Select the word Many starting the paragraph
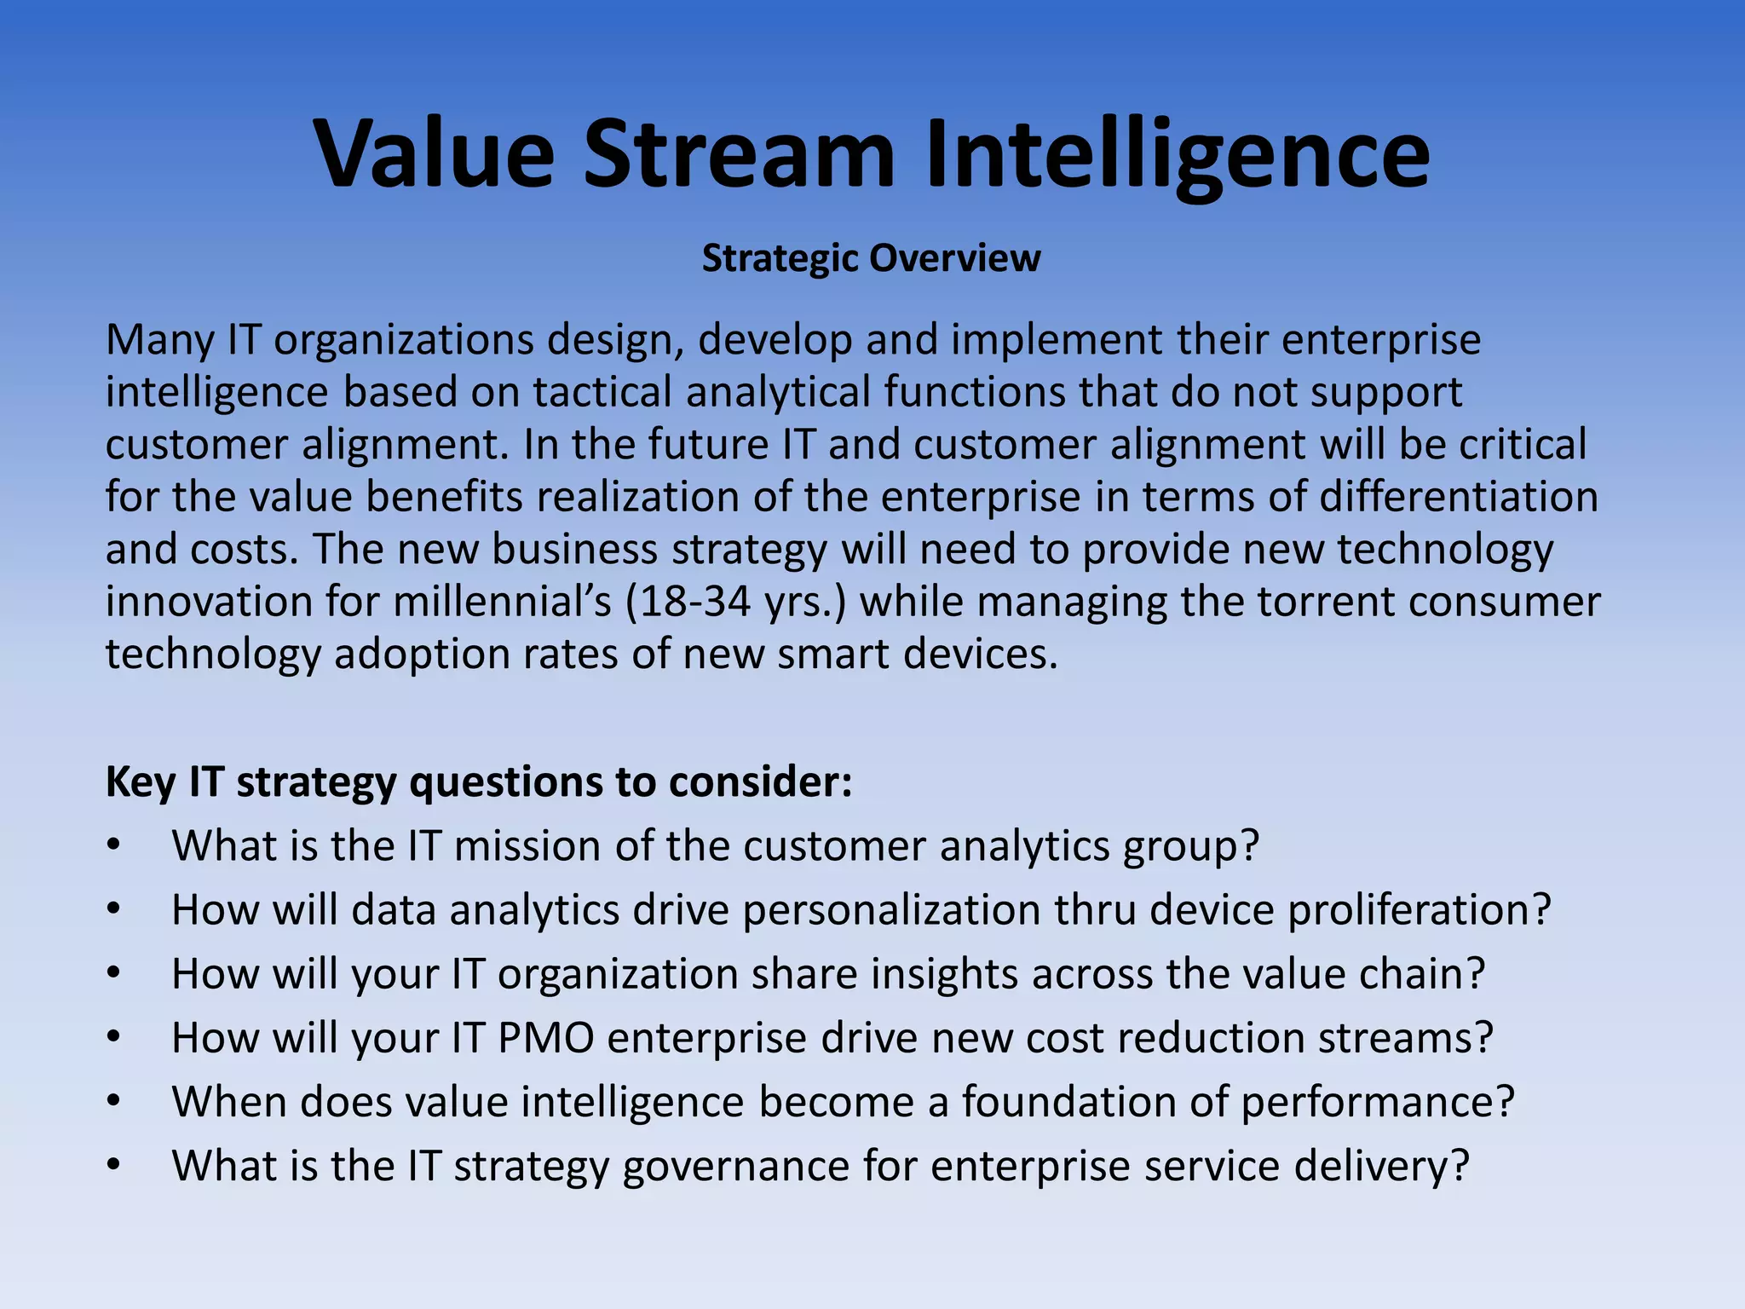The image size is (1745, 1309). [160, 340]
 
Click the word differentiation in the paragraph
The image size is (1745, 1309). [1459, 497]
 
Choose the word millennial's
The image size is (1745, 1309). [502, 602]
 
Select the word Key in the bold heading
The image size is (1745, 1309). [140, 782]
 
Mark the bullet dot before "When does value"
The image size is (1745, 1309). [114, 1102]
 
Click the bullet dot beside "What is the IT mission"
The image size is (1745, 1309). [114, 846]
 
